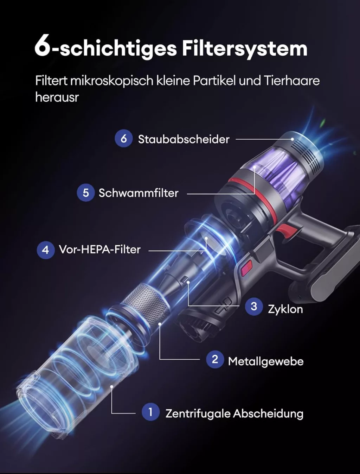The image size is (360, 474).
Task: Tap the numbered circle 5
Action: (86, 192)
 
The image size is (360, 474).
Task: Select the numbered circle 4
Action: (45, 250)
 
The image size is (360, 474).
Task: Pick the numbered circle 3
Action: (254, 306)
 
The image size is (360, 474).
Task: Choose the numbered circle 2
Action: (215, 359)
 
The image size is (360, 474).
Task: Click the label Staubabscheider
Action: (184, 139)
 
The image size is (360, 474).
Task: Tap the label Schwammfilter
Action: (139, 193)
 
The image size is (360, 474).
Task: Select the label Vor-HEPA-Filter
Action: (99, 249)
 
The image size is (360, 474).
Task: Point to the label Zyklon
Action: (285, 310)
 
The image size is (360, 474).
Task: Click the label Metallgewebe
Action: (266, 361)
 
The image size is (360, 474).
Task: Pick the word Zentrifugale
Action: (198, 414)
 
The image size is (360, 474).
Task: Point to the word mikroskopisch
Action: (111, 81)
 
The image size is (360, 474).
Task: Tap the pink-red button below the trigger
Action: (246, 268)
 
